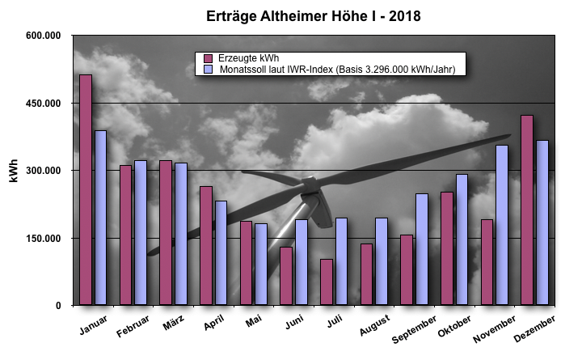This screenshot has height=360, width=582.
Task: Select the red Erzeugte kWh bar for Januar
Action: tap(85, 190)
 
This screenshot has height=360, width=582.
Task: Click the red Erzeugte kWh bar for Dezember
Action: tap(526, 210)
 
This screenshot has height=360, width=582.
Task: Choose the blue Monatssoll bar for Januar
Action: tap(100, 218)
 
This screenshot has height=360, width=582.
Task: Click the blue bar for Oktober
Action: tap(462, 239)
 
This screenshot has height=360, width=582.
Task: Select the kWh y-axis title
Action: tap(14, 171)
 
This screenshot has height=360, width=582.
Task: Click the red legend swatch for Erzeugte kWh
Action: tap(208, 58)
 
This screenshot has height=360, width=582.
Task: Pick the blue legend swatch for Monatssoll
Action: tap(208, 70)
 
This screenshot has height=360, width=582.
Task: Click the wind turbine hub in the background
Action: tap(309, 194)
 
